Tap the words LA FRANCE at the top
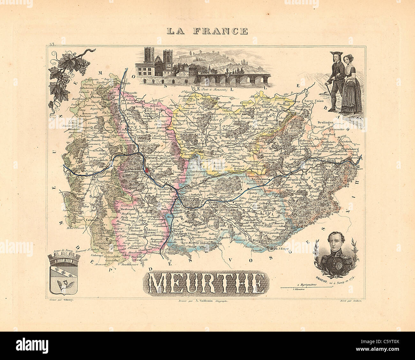207,31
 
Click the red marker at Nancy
147,171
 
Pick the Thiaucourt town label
91,98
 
